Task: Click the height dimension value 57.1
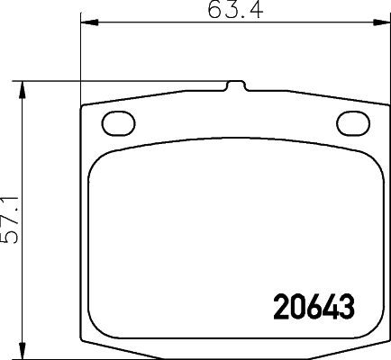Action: point(12,220)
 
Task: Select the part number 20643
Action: point(312,309)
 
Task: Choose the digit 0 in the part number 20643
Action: point(296,309)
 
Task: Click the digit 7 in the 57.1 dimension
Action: point(12,225)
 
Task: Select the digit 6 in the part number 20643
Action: point(313,309)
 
